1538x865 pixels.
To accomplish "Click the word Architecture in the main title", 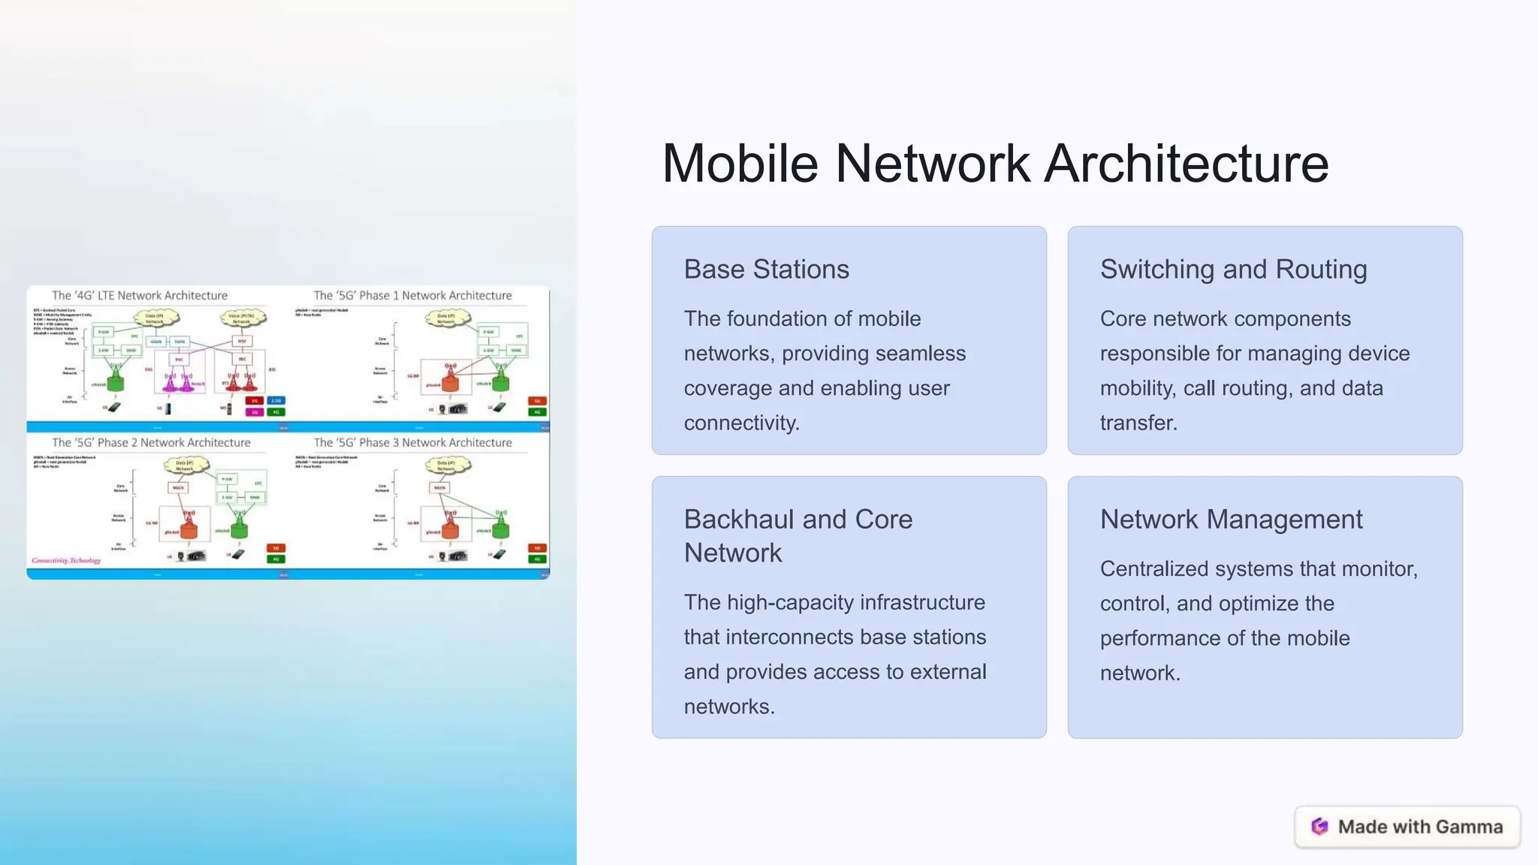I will click(1186, 164).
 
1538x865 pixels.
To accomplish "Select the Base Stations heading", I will click(766, 269).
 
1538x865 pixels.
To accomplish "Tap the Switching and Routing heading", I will click(1233, 269).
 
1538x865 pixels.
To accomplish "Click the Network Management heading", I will click(1231, 519).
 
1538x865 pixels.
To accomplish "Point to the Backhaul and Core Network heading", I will click(798, 535).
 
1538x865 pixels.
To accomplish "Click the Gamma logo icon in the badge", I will click(1319, 827).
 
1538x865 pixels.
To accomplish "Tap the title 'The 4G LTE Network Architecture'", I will click(140, 295).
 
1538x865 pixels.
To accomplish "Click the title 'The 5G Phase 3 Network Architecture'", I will click(412, 442).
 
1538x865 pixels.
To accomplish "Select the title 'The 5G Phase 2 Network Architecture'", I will click(151, 442).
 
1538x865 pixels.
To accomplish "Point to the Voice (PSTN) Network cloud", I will click(242, 318).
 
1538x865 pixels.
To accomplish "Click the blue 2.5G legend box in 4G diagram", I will click(276, 401).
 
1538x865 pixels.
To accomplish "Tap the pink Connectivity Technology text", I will click(66, 560).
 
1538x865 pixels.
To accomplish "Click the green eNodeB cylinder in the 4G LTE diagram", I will click(115, 382).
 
